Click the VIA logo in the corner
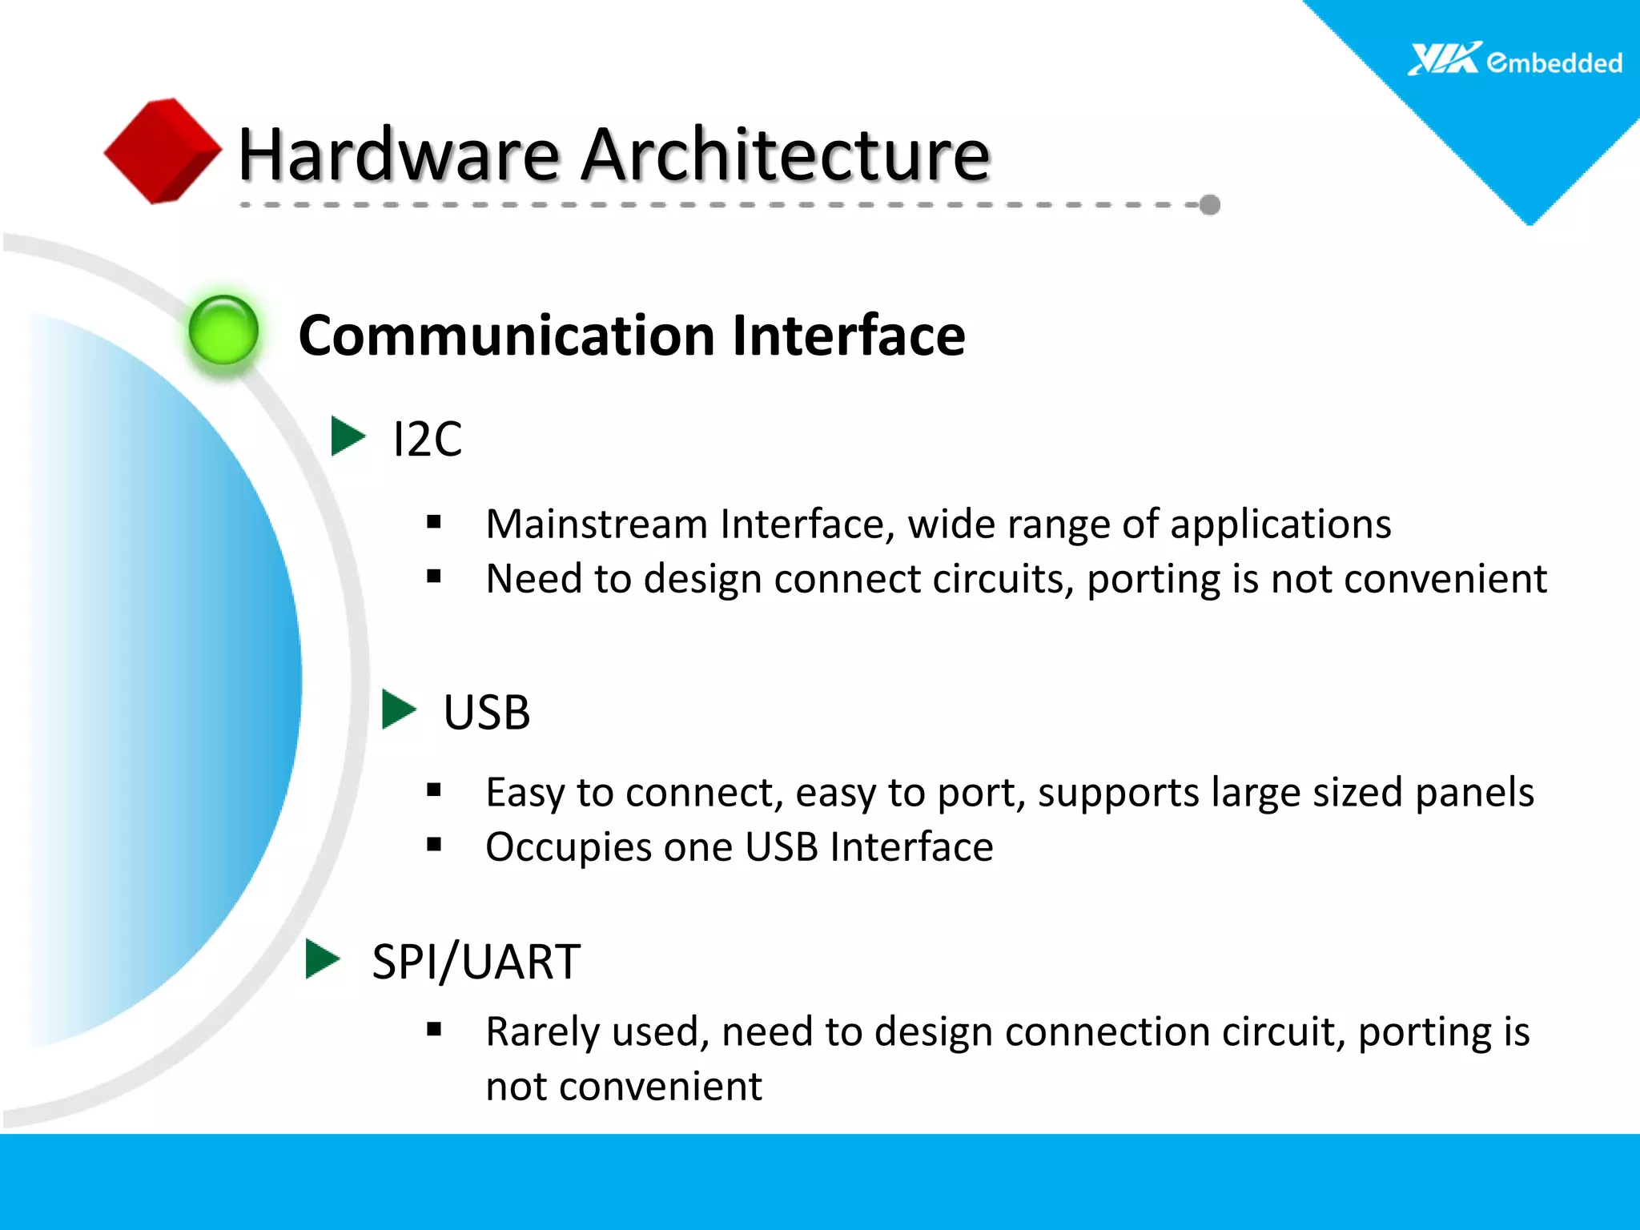pos(1444,59)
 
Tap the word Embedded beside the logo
pos(1554,62)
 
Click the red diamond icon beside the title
pos(162,151)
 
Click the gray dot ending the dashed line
pos(1210,205)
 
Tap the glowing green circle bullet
pos(223,330)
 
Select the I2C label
pos(427,440)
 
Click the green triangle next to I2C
pos(347,436)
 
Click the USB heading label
pos(486,712)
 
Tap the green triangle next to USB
pos(398,709)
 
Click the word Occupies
pos(568,847)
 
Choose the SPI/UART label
pos(476,962)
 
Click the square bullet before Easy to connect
pos(434,791)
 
